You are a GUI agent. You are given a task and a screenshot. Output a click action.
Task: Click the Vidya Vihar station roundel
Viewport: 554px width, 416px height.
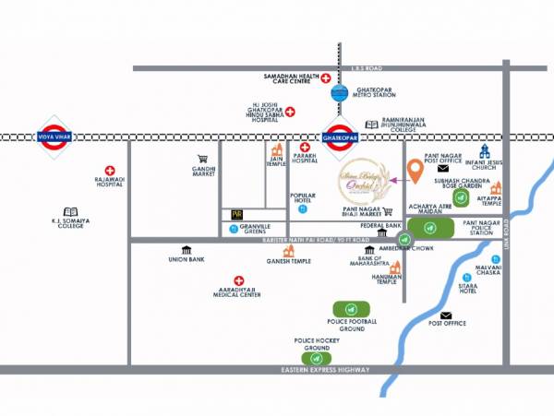coord(54,137)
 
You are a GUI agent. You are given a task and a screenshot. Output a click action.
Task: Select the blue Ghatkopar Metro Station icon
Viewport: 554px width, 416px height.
coord(339,93)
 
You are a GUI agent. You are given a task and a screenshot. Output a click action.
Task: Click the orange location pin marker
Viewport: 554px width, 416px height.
coord(415,171)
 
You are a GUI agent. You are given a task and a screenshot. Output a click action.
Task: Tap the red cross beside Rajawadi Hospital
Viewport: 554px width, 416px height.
coord(110,171)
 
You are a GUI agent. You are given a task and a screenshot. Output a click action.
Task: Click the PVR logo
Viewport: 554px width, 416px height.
coord(236,214)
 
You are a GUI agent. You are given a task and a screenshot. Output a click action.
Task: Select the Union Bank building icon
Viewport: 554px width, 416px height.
coord(187,250)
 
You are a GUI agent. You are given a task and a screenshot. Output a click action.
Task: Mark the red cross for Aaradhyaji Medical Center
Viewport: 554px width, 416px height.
coord(238,280)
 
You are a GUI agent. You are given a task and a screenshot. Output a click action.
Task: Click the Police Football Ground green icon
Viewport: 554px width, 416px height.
coord(351,308)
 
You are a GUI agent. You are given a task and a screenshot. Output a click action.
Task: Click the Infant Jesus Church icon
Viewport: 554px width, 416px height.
coord(485,151)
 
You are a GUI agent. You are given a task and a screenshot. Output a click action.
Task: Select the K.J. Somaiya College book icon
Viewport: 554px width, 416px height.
coord(71,212)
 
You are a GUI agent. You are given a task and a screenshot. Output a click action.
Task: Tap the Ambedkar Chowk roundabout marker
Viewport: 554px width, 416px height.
coord(403,239)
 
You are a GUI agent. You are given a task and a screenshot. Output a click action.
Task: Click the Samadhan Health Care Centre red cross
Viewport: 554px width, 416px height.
coord(326,79)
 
